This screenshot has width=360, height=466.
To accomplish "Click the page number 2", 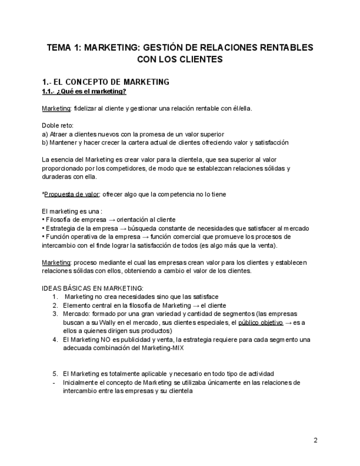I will (315, 440).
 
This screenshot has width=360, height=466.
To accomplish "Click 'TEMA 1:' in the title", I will (63, 47).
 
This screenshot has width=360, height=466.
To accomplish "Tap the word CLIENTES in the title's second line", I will (201, 59).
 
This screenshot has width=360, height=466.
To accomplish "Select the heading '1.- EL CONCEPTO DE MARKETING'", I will (106, 82).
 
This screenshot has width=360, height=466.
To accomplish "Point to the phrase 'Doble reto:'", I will (57, 125).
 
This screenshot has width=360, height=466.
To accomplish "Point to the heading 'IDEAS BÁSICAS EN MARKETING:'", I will (92, 288).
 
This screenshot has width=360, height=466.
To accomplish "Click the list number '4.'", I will (56, 340).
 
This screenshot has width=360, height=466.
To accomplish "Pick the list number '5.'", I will (56, 374).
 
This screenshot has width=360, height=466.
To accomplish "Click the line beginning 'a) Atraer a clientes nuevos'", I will (132, 134).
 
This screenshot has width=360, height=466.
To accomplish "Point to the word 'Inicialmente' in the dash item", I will (81, 382).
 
